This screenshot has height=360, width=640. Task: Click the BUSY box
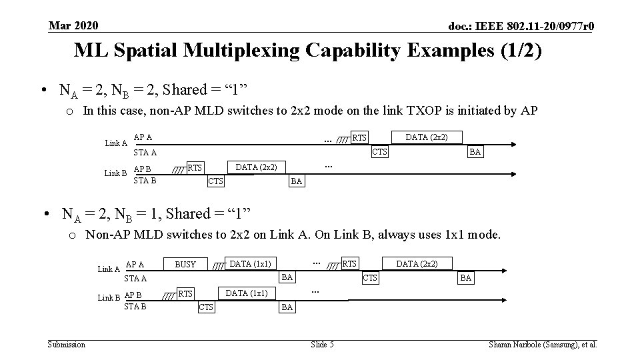click(x=185, y=264)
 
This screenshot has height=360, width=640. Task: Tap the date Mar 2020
click(x=73, y=26)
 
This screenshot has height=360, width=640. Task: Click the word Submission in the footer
click(x=67, y=344)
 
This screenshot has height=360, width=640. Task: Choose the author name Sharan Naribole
click(x=516, y=344)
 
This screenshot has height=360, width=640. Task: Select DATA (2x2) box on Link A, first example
click(x=427, y=137)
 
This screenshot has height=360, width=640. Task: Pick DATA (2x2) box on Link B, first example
click(x=257, y=167)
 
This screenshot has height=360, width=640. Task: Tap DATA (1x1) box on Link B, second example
click(x=247, y=293)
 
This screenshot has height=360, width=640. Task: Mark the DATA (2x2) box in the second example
click(x=417, y=264)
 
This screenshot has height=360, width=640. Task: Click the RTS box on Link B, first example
click(x=195, y=167)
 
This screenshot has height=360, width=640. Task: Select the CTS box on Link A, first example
click(x=379, y=152)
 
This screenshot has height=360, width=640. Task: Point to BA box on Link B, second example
click(x=287, y=307)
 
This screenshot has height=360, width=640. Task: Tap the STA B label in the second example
click(x=135, y=307)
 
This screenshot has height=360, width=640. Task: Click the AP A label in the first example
click(x=143, y=137)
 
